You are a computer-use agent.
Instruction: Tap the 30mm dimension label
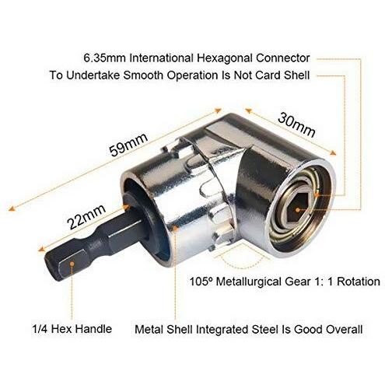pos(296,125)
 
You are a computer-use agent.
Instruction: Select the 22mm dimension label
pos(86,216)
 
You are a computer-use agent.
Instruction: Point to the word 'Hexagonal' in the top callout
pos(225,58)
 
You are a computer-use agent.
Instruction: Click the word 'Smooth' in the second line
pos(143,75)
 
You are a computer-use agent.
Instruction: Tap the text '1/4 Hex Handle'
pos(72,329)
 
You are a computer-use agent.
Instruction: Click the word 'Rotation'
pos(359,282)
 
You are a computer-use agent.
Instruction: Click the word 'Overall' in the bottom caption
pos(345,329)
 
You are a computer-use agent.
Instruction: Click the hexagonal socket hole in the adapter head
pos(298,208)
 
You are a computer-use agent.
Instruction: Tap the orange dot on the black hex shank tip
pos(72,264)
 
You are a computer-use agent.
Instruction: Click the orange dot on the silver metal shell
pos(175,228)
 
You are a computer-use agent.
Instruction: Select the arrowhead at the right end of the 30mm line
pos(333,153)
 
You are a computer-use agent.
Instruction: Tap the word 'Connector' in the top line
pos(283,58)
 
